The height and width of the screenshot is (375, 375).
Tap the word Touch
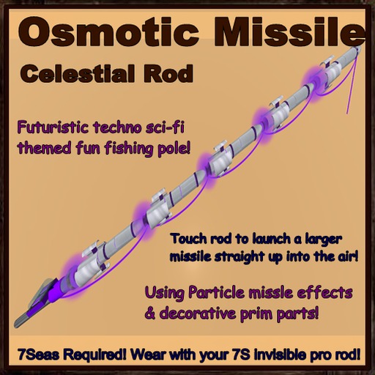click(187, 239)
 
